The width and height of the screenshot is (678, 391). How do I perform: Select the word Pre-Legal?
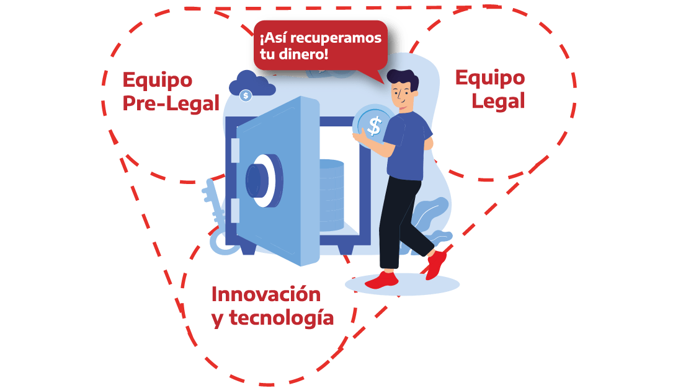pyautogui.click(x=171, y=103)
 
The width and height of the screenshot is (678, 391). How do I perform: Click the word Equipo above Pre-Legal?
pyautogui.click(x=157, y=80)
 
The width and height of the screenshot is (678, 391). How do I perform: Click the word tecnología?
pyautogui.click(x=281, y=318)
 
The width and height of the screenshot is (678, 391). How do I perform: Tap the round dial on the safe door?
pyautogui.click(x=262, y=179)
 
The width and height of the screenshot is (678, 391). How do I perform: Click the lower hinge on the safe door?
pyautogui.click(x=235, y=211)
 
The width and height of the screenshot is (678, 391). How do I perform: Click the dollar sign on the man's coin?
pyautogui.click(x=374, y=126)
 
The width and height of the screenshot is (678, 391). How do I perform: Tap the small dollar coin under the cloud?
pyautogui.click(x=246, y=95)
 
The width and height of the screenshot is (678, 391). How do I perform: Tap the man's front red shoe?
pyautogui.click(x=381, y=281)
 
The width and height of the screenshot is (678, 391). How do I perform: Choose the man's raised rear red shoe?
pyautogui.click(x=436, y=264)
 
